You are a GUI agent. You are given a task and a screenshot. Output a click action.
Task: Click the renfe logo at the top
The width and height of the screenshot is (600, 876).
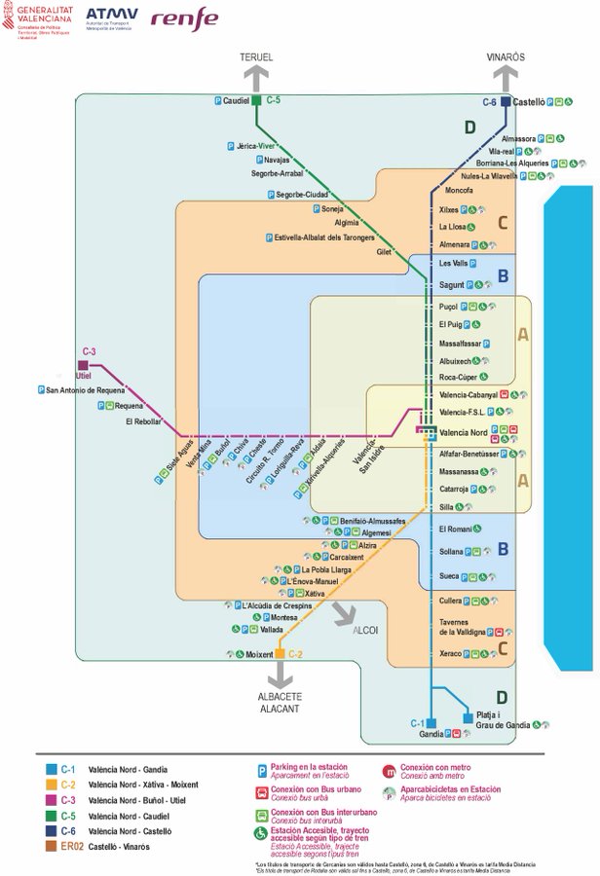click(184, 18)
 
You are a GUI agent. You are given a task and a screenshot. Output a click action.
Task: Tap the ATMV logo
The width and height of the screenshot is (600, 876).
click(112, 17)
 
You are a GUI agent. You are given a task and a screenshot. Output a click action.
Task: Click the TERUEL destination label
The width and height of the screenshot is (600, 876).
click(257, 57)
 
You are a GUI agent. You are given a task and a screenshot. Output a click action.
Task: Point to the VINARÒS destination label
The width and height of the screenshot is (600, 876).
click(506, 57)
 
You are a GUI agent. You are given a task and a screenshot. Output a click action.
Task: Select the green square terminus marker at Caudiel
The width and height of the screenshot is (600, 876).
click(256, 100)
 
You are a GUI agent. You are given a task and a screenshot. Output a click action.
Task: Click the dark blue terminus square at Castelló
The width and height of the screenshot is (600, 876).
click(506, 100)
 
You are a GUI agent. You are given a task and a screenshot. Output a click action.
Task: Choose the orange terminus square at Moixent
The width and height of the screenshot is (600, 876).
click(280, 653)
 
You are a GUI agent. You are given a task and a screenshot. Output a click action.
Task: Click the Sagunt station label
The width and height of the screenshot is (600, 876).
click(451, 285)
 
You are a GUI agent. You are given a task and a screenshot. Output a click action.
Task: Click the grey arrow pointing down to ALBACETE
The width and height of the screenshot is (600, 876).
click(280, 675)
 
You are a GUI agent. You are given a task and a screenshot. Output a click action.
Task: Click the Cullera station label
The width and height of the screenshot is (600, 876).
click(450, 602)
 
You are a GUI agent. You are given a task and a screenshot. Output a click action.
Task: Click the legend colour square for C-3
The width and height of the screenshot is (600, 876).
click(51, 799)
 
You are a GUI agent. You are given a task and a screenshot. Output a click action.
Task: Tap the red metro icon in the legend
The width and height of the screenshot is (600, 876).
click(390, 771)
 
